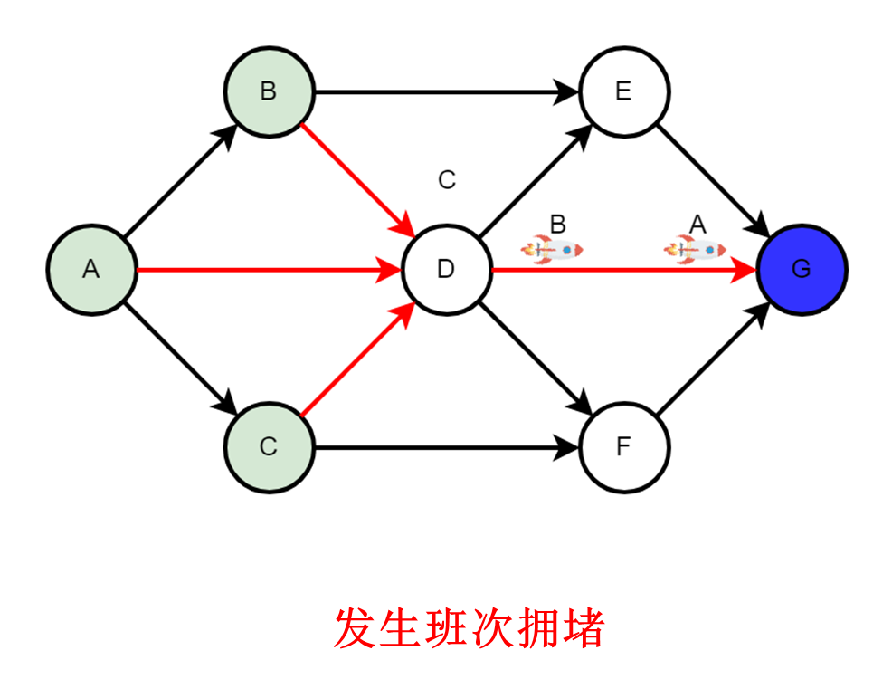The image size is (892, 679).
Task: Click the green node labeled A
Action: click(x=91, y=269)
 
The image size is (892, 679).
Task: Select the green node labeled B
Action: click(x=269, y=91)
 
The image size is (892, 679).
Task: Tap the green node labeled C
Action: click(x=269, y=446)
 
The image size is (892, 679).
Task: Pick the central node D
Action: click(x=446, y=269)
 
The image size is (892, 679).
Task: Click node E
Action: click(x=623, y=91)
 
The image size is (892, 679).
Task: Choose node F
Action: click(x=623, y=446)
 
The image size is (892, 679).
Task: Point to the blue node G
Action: click(x=801, y=269)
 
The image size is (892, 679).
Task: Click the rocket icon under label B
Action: click(x=552, y=248)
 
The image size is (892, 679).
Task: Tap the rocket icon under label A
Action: click(x=695, y=248)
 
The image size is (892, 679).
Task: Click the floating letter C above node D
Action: click(x=447, y=180)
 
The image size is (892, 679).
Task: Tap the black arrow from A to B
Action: click(x=180, y=180)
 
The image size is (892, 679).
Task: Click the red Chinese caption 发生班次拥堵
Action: click(x=470, y=627)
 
